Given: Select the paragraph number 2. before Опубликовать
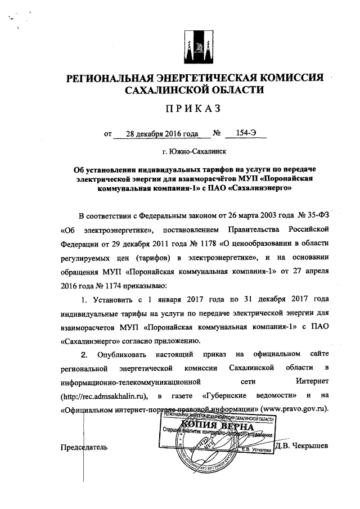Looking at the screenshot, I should tap(85, 354).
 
